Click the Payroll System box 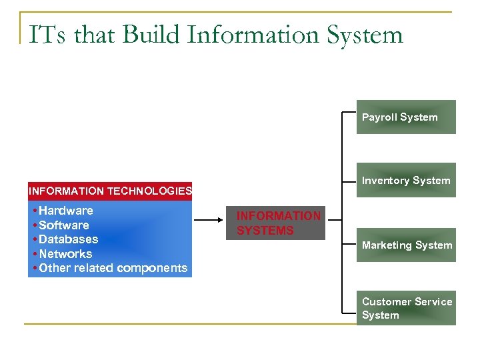pos(406,117)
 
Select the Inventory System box pos(406,180)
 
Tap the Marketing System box pos(406,245)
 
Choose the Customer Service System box pos(406,308)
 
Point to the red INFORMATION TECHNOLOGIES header pos(110,191)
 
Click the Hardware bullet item pos(65,211)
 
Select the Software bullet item pos(63,225)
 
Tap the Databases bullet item pos(68,239)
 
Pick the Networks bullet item pos(65,254)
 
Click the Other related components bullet pos(113,268)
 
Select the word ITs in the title pos(47,34)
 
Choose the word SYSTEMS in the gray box pos(265,231)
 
